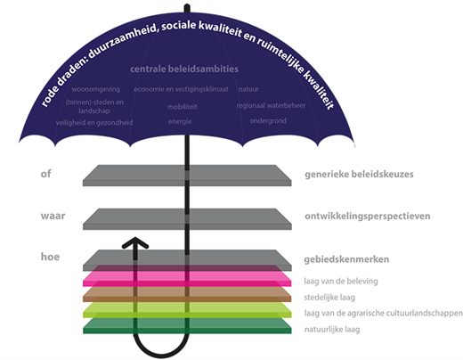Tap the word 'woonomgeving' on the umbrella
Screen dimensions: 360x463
(93, 89)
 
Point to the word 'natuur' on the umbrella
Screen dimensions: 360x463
(248, 89)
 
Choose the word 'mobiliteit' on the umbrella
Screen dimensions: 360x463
(183, 106)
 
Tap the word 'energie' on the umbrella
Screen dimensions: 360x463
(180, 121)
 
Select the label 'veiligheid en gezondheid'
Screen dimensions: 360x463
(93, 122)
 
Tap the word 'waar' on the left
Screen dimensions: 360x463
(52, 215)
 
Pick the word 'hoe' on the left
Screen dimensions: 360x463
(50, 258)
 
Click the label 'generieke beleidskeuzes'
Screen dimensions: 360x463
(361, 175)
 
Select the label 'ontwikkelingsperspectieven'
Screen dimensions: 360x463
(368, 216)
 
